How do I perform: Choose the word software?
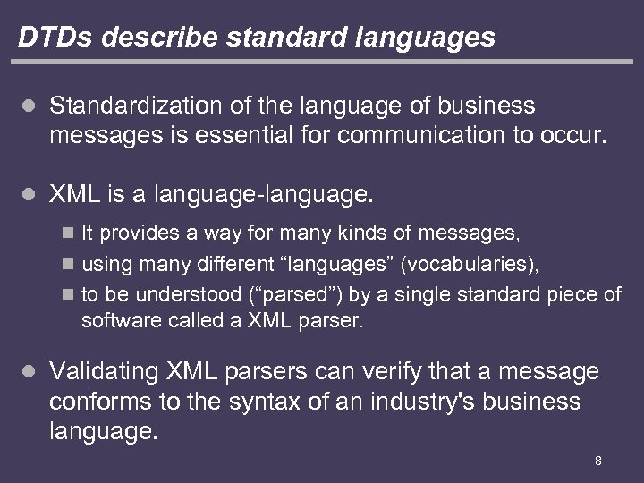pos(114,321)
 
